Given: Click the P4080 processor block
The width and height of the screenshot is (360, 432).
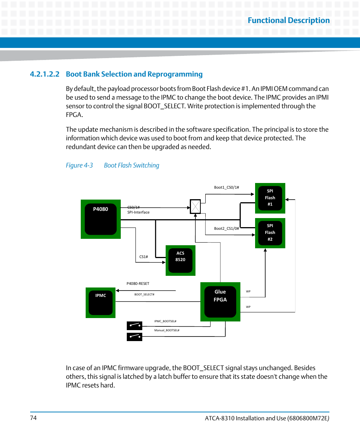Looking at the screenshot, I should (x=100, y=219).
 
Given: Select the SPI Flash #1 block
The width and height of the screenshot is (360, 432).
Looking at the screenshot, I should (x=270, y=198).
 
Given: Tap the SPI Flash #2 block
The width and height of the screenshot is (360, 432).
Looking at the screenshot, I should (x=270, y=233).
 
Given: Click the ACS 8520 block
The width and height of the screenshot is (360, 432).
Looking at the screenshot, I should (x=180, y=260).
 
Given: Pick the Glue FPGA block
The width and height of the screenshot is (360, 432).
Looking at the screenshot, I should (x=220, y=301).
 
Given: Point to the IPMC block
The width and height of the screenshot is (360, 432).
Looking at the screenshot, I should (x=100, y=302).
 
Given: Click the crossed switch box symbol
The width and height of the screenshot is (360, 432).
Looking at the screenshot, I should (x=195, y=206).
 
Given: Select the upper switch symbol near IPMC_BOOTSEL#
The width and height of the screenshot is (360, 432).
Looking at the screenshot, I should (x=134, y=325).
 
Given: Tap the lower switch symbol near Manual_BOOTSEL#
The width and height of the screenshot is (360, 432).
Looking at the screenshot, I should (x=134, y=336).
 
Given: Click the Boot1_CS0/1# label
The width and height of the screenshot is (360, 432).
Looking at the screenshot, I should (x=226, y=188).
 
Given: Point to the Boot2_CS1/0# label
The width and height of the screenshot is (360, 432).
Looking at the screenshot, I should (x=226, y=228).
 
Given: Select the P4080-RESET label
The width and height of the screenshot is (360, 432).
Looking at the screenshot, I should (x=138, y=284).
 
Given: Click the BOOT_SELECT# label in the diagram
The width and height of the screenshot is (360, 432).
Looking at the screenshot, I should (x=144, y=294).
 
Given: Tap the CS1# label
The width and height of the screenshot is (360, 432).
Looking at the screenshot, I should (x=143, y=257).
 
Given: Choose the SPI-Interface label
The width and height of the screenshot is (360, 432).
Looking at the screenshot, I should (x=138, y=212).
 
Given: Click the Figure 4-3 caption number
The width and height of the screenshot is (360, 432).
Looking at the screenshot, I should (x=79, y=165).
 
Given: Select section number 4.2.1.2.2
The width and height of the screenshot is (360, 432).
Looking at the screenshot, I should (x=45, y=74).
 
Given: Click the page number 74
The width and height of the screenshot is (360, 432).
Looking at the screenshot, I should (x=33, y=418).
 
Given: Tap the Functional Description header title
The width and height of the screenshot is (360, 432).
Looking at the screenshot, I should (x=289, y=20).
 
